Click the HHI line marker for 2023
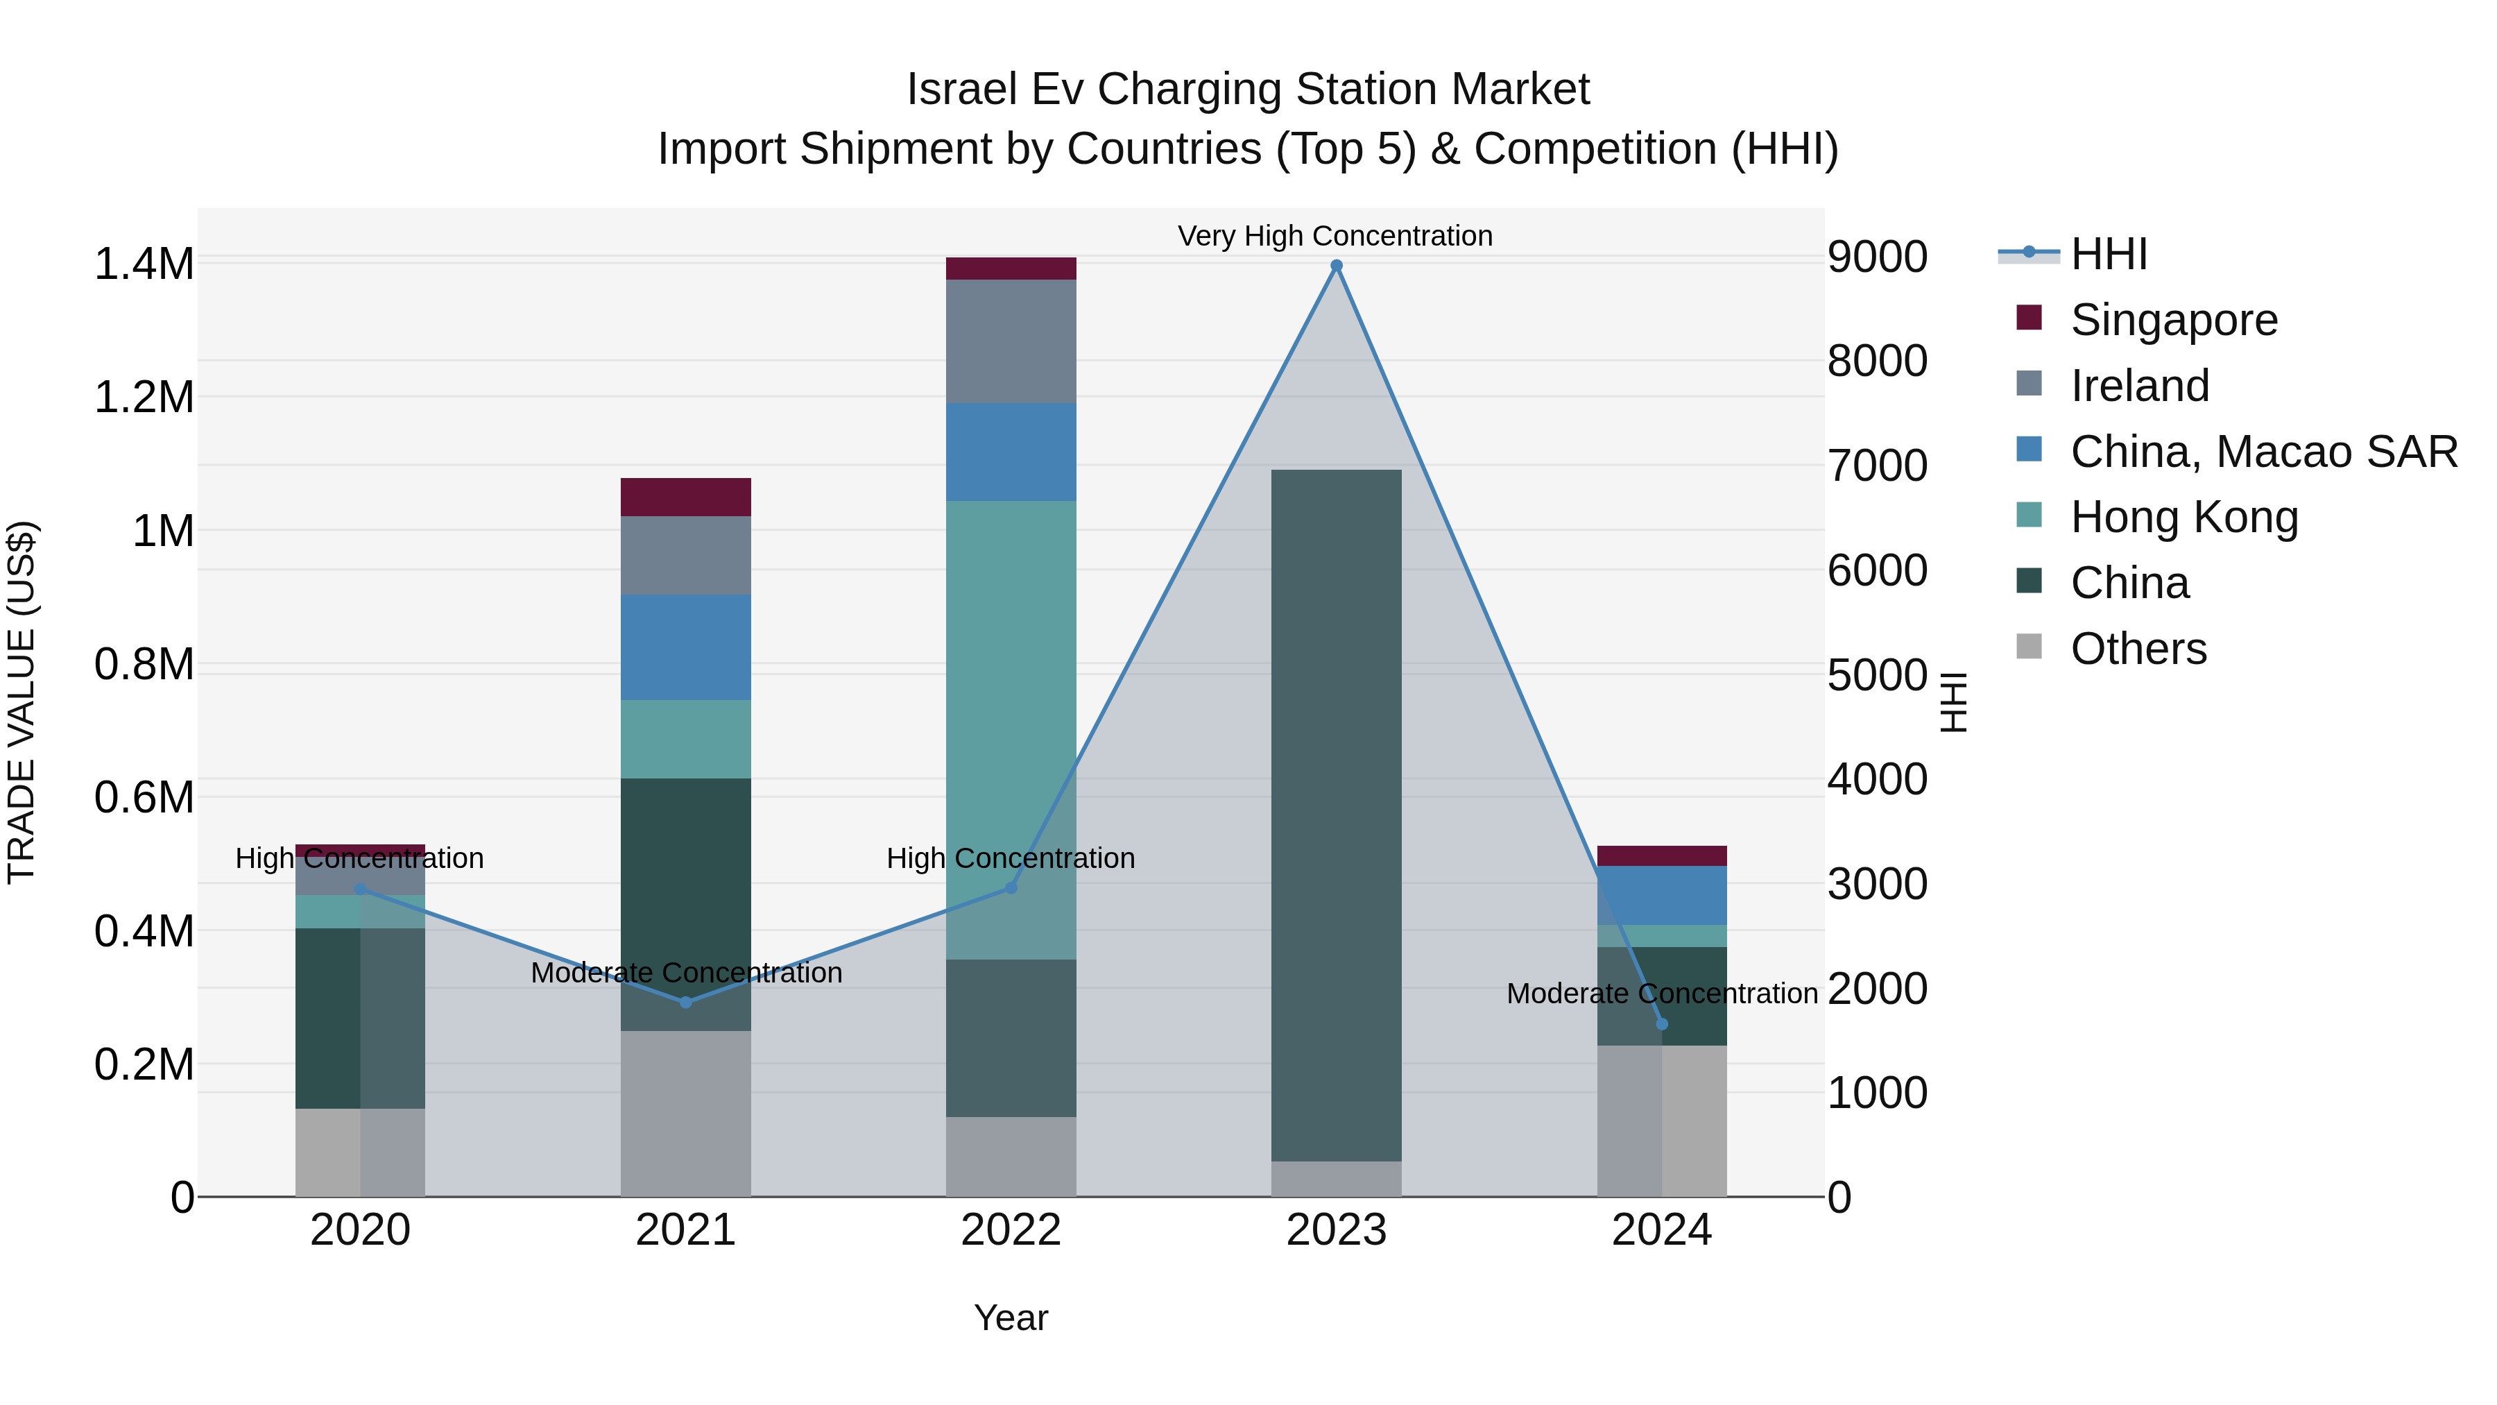pyautogui.click(x=1336, y=266)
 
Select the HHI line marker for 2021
pyautogui.click(x=685, y=1002)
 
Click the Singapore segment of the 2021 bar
pyautogui.click(x=685, y=497)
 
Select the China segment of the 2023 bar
pyautogui.click(x=1336, y=815)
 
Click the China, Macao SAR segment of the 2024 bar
pyautogui.click(x=1661, y=895)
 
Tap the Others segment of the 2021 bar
pyautogui.click(x=685, y=1113)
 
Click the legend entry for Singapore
pyautogui.click(x=2173, y=320)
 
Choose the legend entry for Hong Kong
pyautogui.click(x=2183, y=517)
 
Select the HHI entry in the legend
pyautogui.click(x=2109, y=254)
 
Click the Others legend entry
pyautogui.click(x=2138, y=649)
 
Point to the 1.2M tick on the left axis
pyautogui.click(x=144, y=398)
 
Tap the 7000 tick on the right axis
pyautogui.click(x=1878, y=466)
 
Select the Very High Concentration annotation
pyautogui.click(x=1335, y=236)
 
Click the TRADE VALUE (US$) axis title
pyautogui.click(x=22, y=702)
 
